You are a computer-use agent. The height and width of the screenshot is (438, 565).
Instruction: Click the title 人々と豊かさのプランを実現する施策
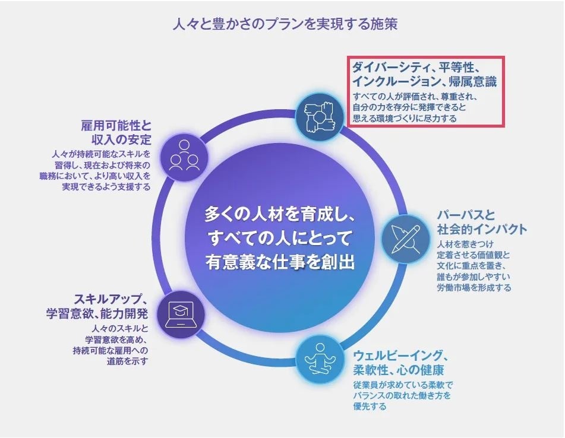[x=284, y=25]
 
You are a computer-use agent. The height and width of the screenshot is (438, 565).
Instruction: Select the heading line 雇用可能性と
[x=116, y=126]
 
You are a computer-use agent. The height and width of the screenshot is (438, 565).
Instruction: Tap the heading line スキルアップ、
[x=111, y=298]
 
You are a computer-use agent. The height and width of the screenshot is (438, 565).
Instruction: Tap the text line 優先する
[x=370, y=407]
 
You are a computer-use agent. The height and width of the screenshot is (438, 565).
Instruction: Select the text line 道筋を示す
[x=127, y=361]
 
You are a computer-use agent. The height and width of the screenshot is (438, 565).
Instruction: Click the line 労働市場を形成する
[x=474, y=287]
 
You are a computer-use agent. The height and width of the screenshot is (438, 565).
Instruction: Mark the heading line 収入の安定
[x=122, y=140]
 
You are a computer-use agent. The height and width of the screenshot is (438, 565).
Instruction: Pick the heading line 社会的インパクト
[x=482, y=230]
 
